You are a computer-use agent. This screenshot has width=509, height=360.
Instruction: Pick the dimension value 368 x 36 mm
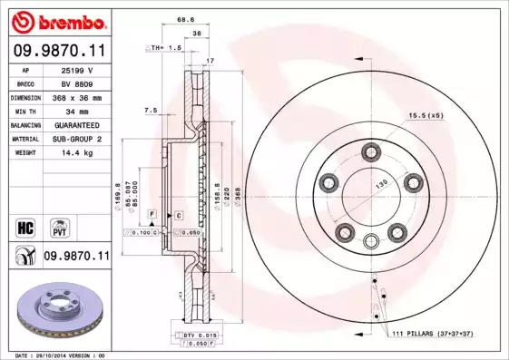pyautogui.click(x=79, y=96)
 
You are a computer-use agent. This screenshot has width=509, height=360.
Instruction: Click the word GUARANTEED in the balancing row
pyautogui.click(x=79, y=124)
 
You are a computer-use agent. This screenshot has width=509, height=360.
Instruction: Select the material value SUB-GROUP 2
pyautogui.click(x=79, y=138)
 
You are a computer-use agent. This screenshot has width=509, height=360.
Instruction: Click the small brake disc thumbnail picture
pyautogui.click(x=55, y=308)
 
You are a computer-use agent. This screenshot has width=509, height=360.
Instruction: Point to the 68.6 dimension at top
pyautogui.click(x=187, y=18)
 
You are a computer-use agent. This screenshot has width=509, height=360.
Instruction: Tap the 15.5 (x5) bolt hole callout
pyautogui.click(x=426, y=115)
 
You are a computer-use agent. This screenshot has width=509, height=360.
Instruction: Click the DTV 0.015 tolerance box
pyautogui.click(x=186, y=336)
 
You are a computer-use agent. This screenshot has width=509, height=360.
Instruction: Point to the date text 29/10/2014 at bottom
pyautogui.click(x=56, y=355)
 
